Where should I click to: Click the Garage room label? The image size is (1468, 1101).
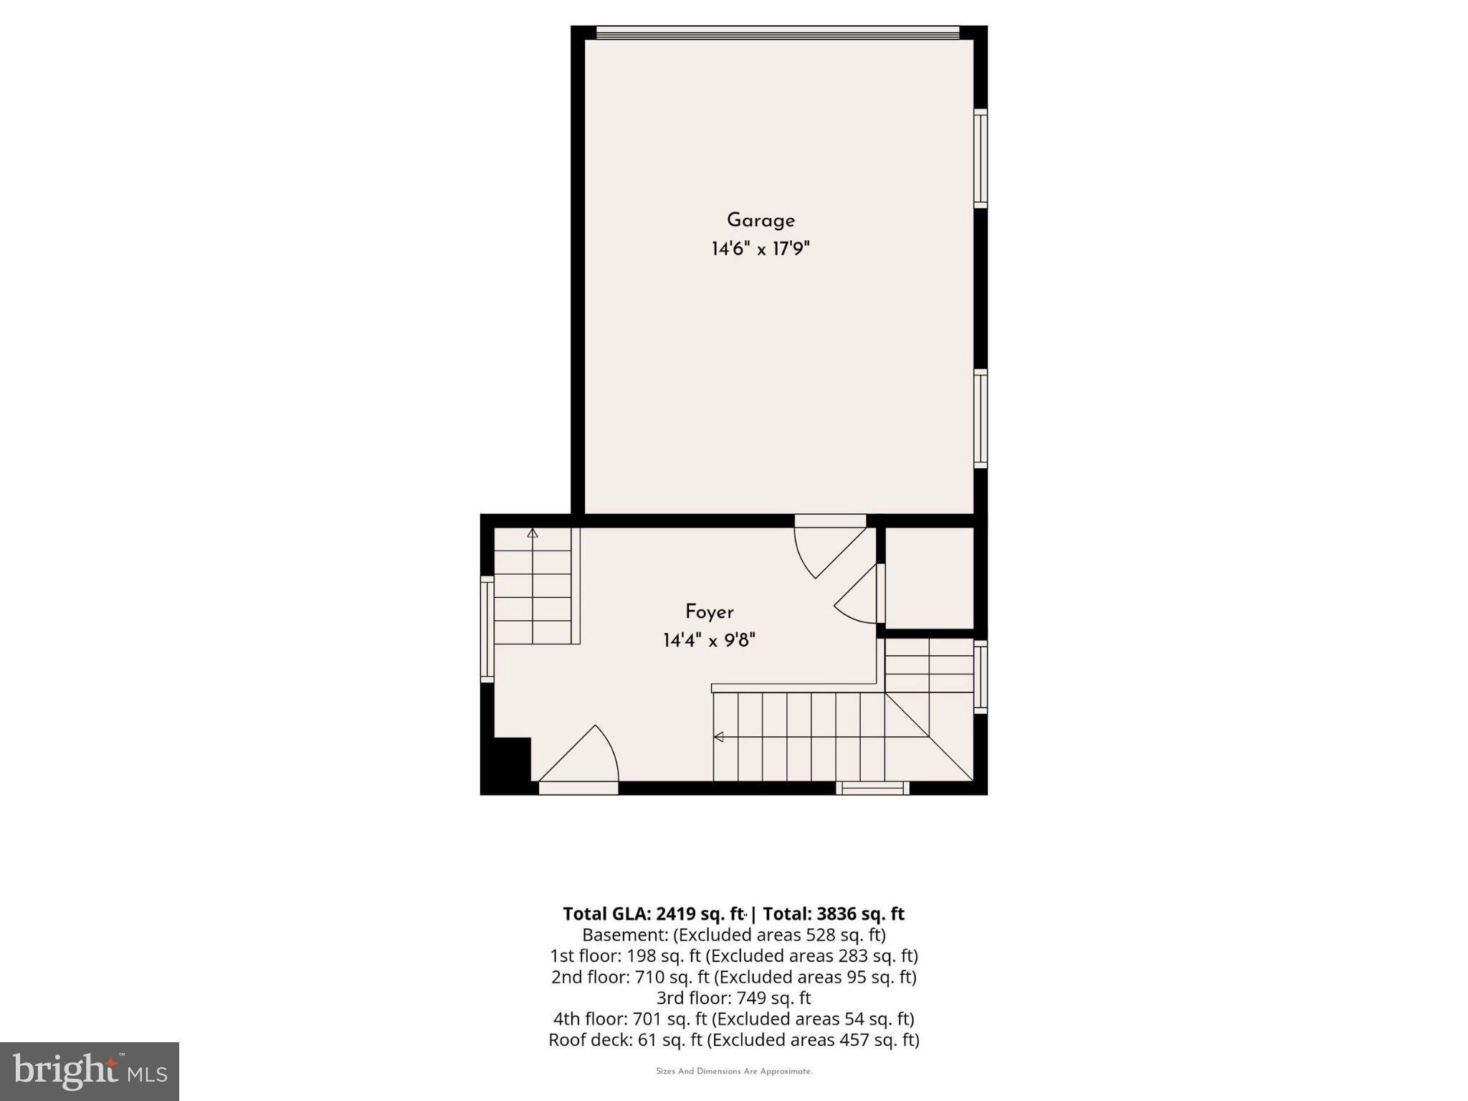tap(761, 221)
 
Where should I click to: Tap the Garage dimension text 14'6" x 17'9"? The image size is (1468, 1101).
tap(761, 249)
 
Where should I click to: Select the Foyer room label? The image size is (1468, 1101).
tap(709, 612)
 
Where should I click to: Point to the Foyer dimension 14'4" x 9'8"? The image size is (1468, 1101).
tap(709, 640)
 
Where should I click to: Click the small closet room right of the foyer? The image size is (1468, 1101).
tap(929, 578)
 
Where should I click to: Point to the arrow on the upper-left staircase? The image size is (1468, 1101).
tap(533, 533)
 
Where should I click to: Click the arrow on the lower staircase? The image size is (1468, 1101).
tap(718, 737)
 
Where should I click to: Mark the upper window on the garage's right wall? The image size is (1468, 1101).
tap(980, 158)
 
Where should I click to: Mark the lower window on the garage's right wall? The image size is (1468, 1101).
tap(980, 419)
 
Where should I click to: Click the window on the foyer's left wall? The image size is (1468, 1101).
tap(487, 629)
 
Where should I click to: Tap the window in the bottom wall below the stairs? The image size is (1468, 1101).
tap(872, 788)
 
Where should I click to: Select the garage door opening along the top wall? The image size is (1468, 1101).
tap(778, 33)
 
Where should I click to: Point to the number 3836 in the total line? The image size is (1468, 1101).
tap(836, 914)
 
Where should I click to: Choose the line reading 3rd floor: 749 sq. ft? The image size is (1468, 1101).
tap(733, 998)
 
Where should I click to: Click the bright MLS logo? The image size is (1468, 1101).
tap(90, 1071)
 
